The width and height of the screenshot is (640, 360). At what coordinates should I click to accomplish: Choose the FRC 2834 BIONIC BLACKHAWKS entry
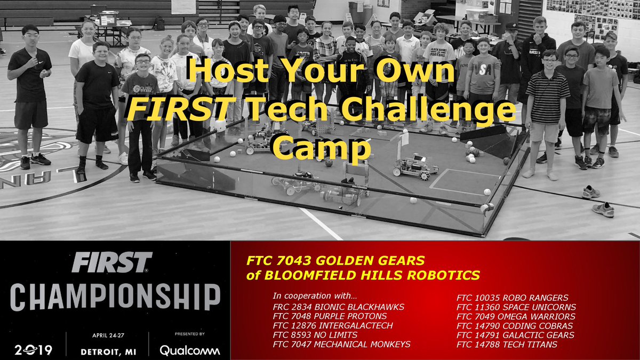pos(338,307)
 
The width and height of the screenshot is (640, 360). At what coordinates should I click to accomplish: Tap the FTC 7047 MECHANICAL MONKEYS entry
pos(341,345)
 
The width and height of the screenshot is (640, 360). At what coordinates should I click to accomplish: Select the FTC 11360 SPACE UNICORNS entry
pos(516,307)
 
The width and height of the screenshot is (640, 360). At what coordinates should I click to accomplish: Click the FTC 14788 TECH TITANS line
pos(507,345)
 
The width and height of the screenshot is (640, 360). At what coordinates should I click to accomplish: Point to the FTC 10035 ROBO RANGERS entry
pos(513,297)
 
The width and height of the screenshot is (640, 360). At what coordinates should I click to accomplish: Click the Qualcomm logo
pos(189,350)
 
